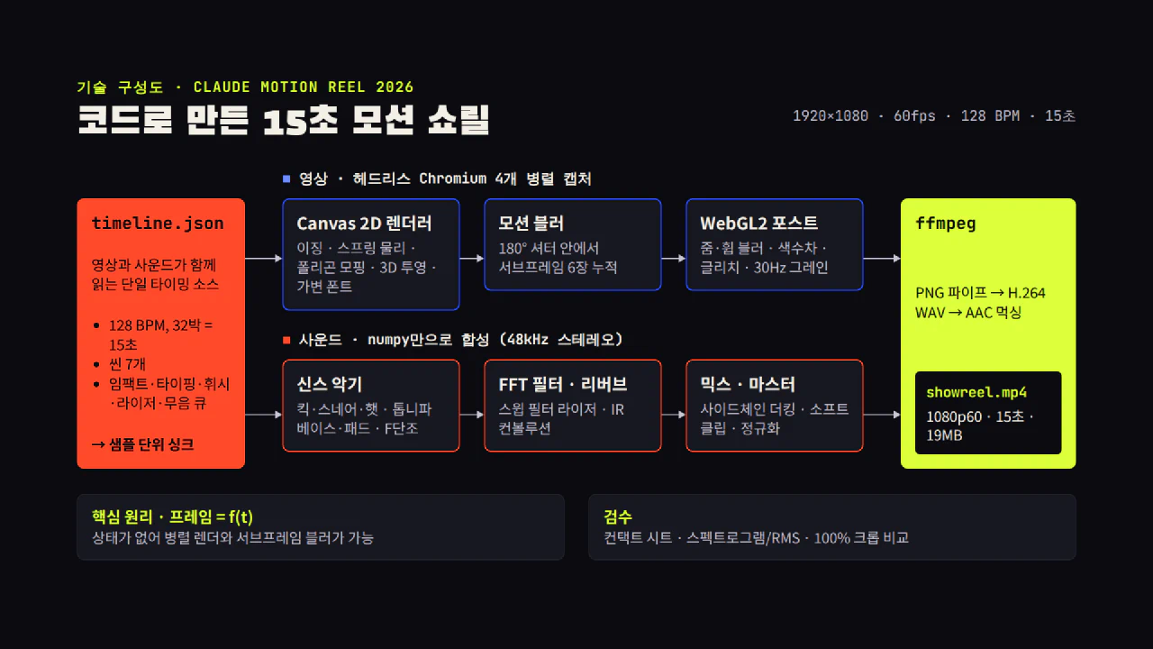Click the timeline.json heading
(158, 224)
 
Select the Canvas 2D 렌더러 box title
(364, 224)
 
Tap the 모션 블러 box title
(531, 224)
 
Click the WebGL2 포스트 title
(758, 224)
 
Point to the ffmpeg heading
(946, 224)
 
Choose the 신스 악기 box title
(330, 384)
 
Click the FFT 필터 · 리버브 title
(563, 384)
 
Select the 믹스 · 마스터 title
(748, 384)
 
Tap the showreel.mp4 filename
(976, 392)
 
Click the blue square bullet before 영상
(286, 178)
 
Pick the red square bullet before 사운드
(286, 340)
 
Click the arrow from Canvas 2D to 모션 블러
(471, 258)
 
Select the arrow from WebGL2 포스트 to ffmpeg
(882, 258)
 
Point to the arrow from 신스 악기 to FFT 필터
(471, 414)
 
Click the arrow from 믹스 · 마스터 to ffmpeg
(882, 414)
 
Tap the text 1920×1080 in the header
(831, 116)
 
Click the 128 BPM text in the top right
(990, 116)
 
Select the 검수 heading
(618, 516)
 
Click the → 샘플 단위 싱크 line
(142, 444)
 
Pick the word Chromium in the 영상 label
(452, 178)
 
